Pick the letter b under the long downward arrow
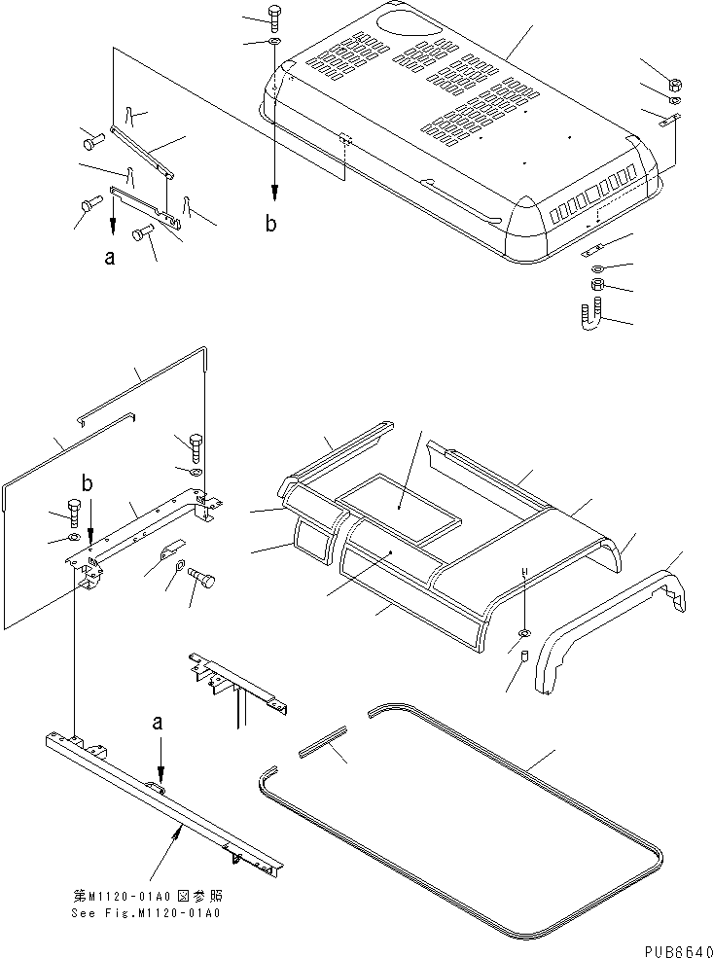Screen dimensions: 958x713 [x=271, y=224]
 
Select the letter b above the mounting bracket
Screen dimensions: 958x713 [x=89, y=483]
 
